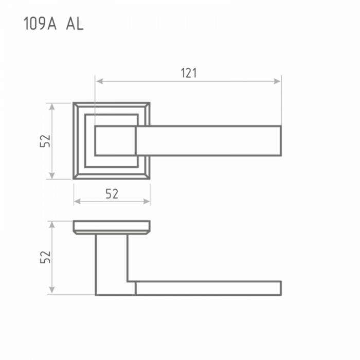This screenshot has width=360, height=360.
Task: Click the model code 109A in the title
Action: (x=40, y=24)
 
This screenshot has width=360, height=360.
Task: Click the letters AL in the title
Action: (x=75, y=24)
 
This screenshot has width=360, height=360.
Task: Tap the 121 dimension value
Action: (x=189, y=73)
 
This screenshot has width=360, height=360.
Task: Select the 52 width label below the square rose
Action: (x=112, y=194)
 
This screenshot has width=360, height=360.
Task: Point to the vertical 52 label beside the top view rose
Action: (x=45, y=141)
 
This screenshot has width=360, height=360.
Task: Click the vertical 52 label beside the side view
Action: (x=45, y=257)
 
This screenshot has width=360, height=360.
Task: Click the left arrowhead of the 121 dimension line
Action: (x=99, y=81)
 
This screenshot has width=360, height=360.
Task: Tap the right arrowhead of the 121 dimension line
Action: (x=277, y=81)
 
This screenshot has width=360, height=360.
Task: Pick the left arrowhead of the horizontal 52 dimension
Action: (x=77, y=202)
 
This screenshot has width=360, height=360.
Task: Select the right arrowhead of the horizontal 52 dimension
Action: (x=147, y=202)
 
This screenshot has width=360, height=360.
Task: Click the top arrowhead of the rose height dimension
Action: (x=52, y=107)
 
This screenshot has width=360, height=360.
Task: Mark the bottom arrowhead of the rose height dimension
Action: (x=52, y=175)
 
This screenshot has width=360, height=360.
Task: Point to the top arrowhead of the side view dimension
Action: (x=52, y=225)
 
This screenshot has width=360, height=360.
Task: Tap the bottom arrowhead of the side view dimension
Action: (x=52, y=290)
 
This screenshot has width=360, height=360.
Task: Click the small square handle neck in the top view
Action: (x=115, y=141)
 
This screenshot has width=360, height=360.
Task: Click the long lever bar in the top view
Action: (x=208, y=141)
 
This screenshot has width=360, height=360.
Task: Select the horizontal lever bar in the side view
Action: (x=208, y=288)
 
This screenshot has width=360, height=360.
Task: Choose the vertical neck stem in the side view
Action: (x=112, y=264)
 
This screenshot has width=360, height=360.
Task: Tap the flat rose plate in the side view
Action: (x=112, y=227)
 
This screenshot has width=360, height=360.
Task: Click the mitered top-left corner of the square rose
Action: (x=76, y=105)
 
